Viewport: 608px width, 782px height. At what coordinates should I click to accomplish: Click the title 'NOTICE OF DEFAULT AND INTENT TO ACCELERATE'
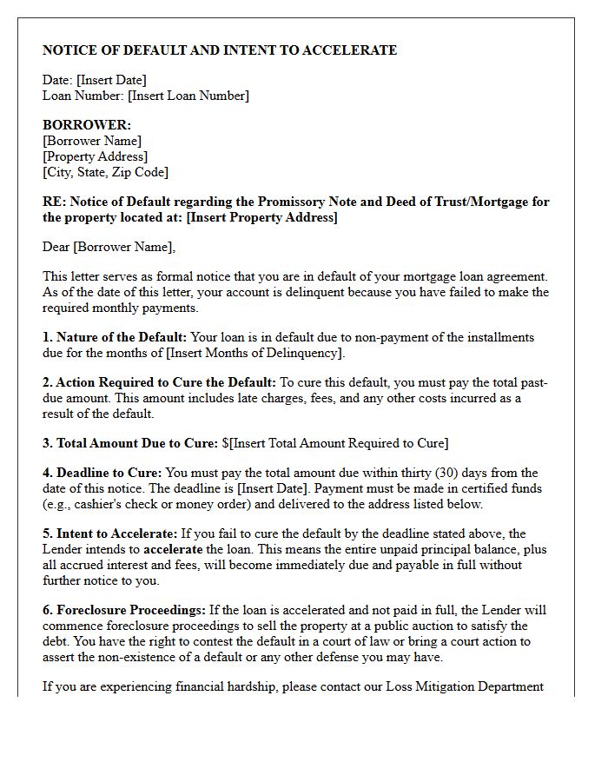pos(220,50)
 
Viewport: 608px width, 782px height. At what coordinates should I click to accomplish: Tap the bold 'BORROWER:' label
pos(87,125)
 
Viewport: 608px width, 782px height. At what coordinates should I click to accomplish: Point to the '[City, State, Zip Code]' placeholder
pos(105,172)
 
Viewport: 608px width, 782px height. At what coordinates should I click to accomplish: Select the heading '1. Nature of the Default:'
pos(115,337)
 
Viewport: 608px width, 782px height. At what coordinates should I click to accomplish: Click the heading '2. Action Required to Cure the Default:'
pos(159,382)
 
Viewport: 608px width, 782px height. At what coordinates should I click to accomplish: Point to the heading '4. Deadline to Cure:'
pos(102,473)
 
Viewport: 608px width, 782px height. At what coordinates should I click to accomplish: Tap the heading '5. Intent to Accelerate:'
pos(110,533)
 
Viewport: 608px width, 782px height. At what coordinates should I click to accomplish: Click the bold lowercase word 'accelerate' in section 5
pos(173,549)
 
